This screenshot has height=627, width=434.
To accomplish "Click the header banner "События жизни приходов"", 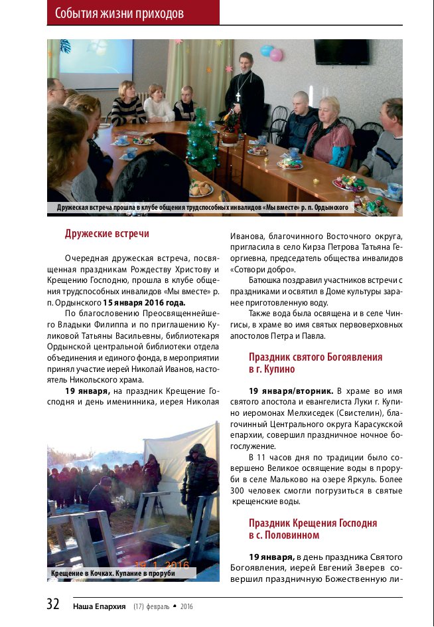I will (119, 13).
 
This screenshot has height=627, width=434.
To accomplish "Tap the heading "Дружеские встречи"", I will (107, 234).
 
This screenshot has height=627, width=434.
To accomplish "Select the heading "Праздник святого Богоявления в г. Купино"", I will (315, 363).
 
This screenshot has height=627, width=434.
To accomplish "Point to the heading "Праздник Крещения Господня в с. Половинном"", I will (313, 529).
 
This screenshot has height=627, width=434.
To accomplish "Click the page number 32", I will (53, 604).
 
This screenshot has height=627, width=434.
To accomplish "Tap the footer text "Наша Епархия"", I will (100, 606).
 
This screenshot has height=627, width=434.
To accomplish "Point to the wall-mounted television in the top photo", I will (342, 52).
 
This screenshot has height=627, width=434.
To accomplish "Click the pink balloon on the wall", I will (276, 54).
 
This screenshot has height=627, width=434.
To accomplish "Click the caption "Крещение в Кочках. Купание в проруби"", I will (113, 573).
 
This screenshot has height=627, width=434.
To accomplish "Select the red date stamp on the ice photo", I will (162, 565).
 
